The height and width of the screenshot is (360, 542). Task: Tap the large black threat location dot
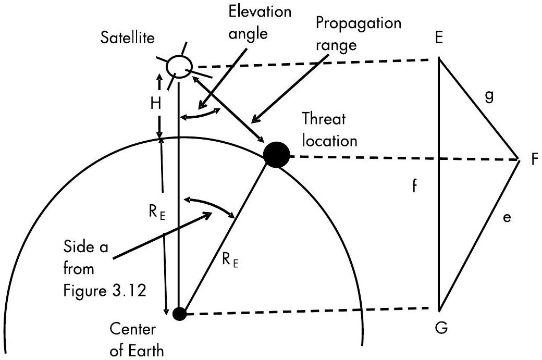coord(276,155)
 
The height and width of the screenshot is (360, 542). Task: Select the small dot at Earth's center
coord(179,314)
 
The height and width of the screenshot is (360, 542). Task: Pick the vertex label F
coord(534,160)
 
